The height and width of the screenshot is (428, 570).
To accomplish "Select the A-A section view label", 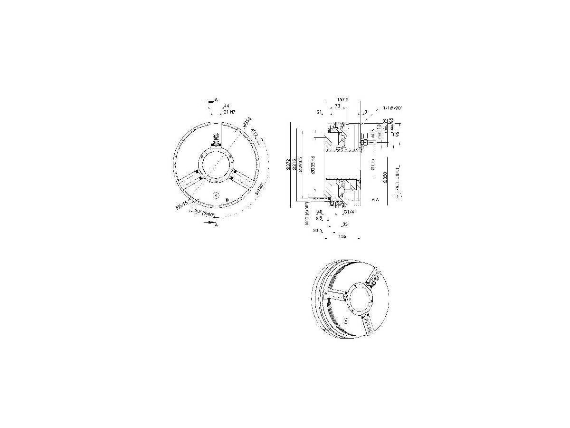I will click(x=375, y=200).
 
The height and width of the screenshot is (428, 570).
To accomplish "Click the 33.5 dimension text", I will click(x=318, y=230).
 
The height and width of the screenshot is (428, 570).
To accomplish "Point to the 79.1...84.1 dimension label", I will click(x=397, y=179).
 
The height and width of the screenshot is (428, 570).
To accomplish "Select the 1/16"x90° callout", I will click(x=392, y=108).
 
